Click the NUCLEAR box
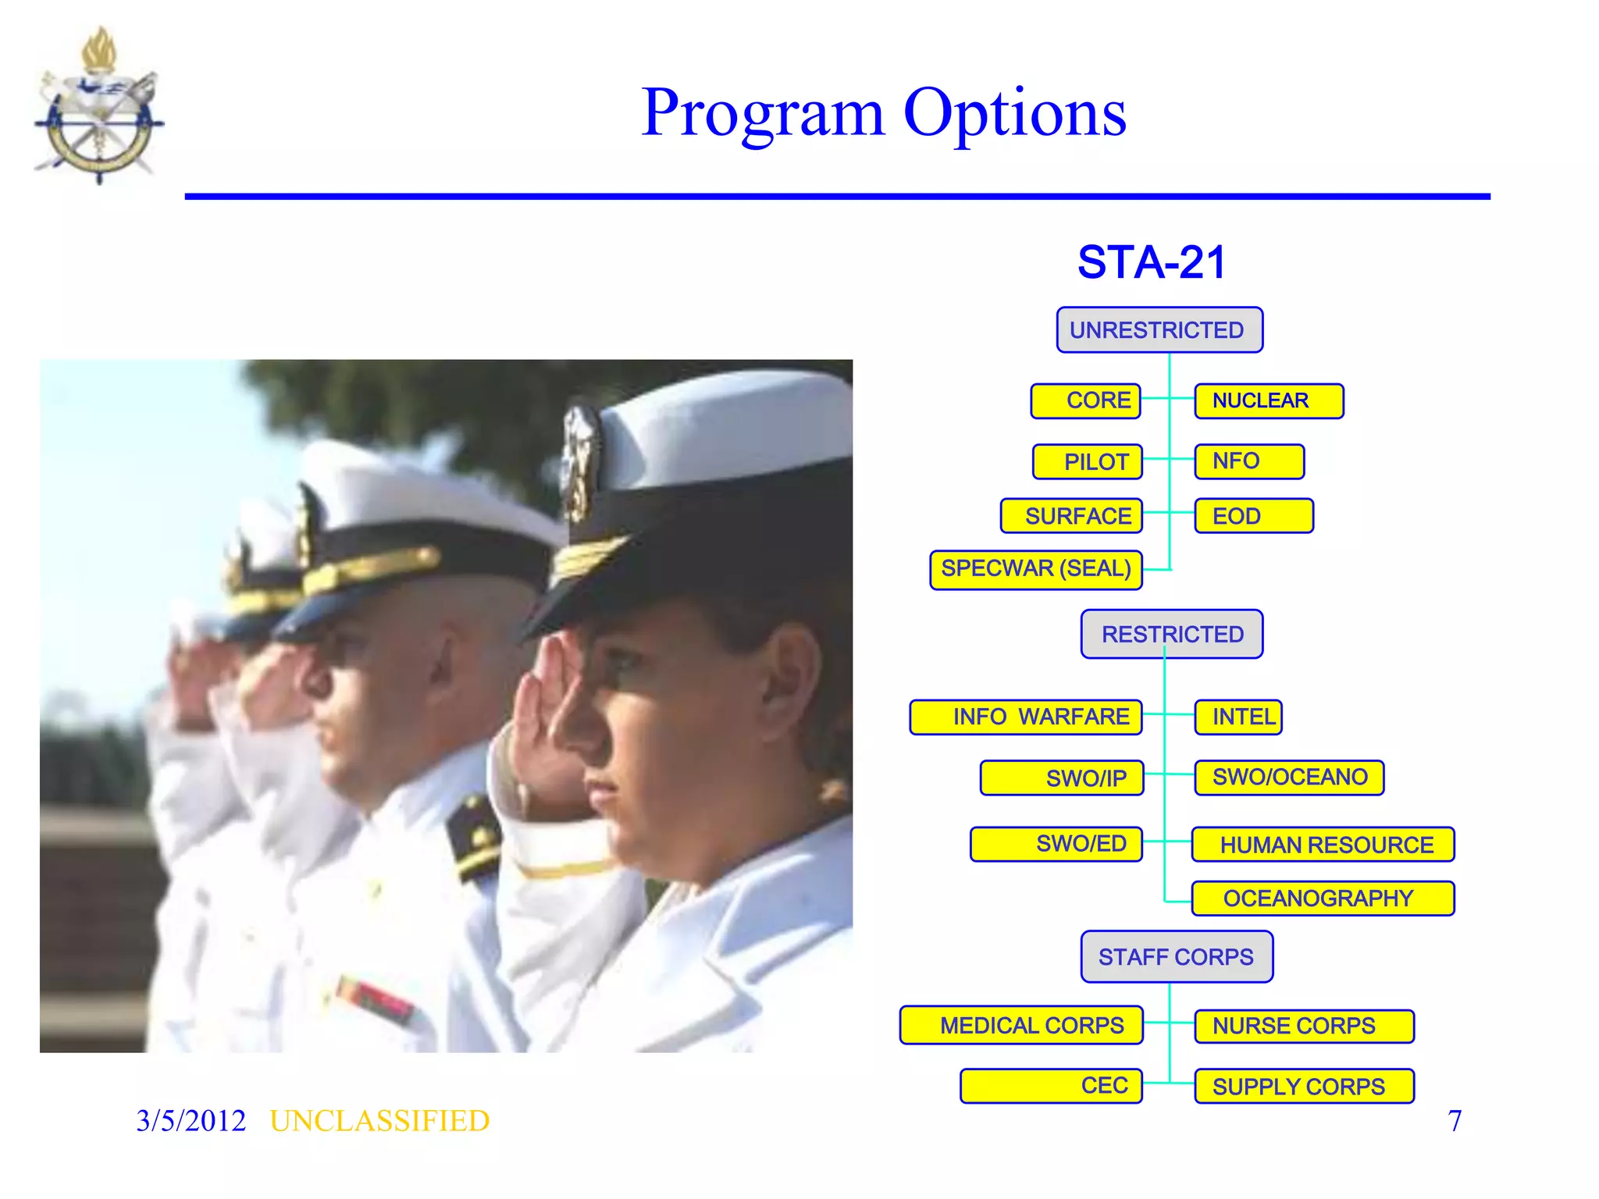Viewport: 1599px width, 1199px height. click(x=1268, y=400)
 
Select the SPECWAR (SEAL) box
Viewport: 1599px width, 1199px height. click(x=1035, y=569)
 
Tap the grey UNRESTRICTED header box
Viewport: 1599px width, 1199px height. click(x=1159, y=330)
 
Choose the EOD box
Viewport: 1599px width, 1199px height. click(x=1253, y=516)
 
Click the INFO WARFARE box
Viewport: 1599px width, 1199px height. click(x=1025, y=717)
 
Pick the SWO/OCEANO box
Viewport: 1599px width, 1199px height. click(x=1288, y=777)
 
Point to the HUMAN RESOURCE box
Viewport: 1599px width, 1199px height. click(x=1323, y=845)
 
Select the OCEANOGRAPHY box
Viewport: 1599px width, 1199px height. click(x=1322, y=898)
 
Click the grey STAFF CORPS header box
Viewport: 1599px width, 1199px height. click(x=1176, y=956)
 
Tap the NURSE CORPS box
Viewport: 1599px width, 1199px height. click(x=1303, y=1026)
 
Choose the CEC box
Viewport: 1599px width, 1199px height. click(x=1051, y=1086)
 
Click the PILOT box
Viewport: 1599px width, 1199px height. click(x=1087, y=461)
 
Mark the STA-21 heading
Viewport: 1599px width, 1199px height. click(x=1152, y=262)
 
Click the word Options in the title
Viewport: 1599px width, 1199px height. click(x=1014, y=113)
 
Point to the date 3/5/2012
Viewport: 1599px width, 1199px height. click(x=191, y=1121)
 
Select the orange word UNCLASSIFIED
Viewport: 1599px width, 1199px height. click(x=379, y=1121)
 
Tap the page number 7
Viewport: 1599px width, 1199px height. click(x=1454, y=1121)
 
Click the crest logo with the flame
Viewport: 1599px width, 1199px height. click(x=99, y=109)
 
